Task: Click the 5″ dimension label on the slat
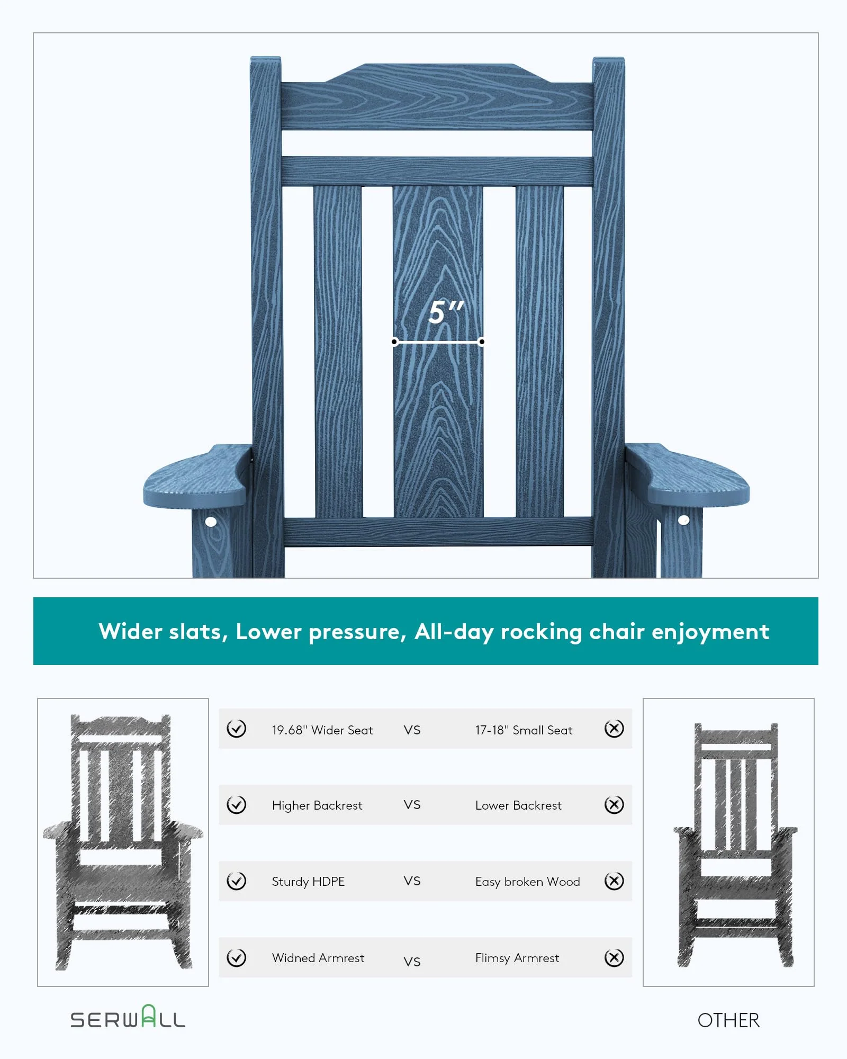pos(445,312)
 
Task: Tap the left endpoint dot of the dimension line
pos(394,342)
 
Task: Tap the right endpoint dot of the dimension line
pos(482,342)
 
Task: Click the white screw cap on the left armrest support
pos(211,522)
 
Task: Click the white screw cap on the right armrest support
pos(683,520)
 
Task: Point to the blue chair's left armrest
pos(196,477)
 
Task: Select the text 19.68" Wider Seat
pos(322,730)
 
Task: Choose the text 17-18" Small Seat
pos(524,730)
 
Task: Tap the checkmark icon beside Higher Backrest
pos(236,805)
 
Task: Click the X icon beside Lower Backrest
pos(614,805)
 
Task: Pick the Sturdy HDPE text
pos(308,882)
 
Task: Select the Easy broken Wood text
pos(527,882)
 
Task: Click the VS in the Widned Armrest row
pos(412,962)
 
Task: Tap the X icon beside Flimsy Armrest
pos(614,958)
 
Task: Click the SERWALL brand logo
pos(128,1018)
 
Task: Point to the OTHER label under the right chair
pos(728,1020)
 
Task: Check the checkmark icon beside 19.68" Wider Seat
pos(236,729)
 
